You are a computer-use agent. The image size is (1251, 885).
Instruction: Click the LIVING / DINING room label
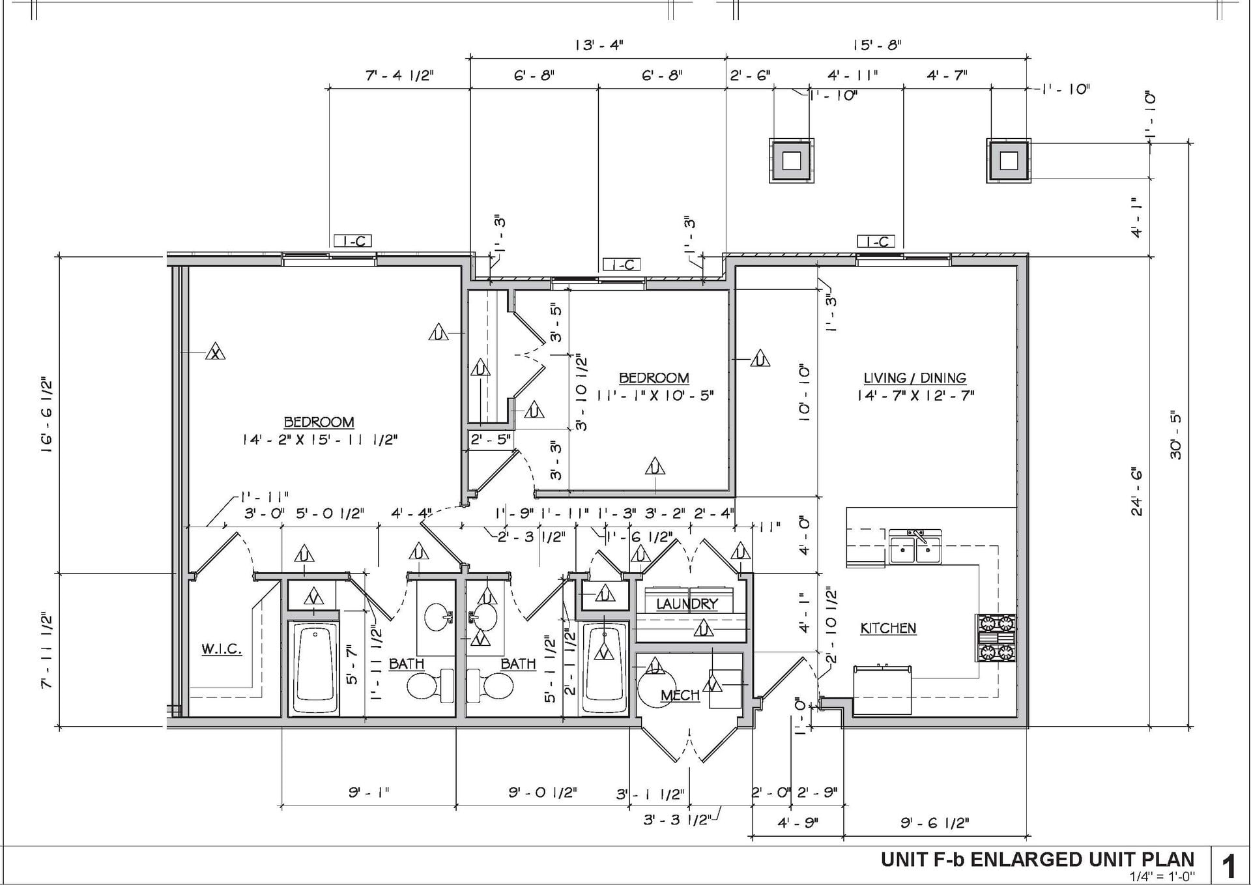915,378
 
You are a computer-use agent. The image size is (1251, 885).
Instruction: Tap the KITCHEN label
888,628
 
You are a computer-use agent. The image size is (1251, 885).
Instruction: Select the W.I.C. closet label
222,649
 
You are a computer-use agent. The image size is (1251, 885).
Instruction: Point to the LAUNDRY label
687,604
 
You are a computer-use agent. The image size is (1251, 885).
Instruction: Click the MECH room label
680,695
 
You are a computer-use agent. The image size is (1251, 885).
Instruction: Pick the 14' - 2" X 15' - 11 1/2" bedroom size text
319,440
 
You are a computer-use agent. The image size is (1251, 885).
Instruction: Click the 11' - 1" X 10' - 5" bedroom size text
654,395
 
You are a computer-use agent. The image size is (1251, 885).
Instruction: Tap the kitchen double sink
915,546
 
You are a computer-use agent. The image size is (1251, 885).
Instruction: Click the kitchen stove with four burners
996,637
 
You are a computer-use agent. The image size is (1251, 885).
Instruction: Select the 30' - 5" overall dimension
1175,435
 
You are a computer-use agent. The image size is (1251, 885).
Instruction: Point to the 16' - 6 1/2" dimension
47,414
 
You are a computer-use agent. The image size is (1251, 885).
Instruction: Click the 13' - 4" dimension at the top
599,45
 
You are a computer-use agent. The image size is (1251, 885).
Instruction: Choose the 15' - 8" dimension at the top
876,45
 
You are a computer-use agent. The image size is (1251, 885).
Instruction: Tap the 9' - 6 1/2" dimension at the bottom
935,823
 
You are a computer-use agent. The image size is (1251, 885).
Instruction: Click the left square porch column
792,160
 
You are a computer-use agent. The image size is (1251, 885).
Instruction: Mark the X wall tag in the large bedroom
216,353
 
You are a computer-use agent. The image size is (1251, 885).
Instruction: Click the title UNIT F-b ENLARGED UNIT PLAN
1037,860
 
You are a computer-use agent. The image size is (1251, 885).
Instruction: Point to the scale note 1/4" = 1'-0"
1162,877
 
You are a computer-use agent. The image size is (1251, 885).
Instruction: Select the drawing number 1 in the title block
1229,867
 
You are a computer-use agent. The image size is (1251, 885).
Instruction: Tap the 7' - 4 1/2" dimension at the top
399,75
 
